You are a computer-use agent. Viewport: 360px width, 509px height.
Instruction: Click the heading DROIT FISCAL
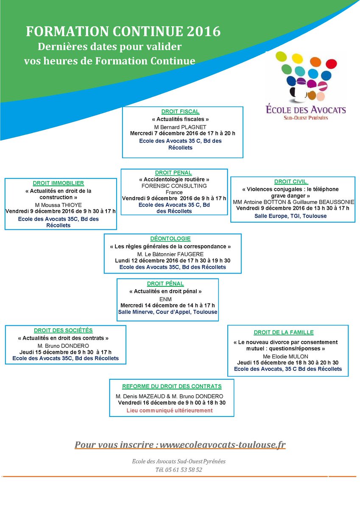(x=180, y=112)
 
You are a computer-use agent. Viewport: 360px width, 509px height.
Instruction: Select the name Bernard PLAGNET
(x=183, y=127)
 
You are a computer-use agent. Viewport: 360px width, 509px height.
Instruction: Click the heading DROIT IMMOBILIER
(x=59, y=183)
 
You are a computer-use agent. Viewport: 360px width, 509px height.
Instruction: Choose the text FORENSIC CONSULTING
(x=174, y=186)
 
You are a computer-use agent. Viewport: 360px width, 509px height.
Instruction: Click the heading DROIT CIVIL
(x=290, y=182)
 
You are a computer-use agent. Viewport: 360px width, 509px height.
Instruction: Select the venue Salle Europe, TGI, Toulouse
(x=290, y=216)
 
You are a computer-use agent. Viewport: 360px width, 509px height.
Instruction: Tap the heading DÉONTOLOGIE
(x=170, y=239)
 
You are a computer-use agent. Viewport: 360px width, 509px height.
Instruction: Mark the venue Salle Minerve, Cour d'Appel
(x=167, y=312)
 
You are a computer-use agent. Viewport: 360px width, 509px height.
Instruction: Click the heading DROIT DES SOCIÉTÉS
(x=63, y=330)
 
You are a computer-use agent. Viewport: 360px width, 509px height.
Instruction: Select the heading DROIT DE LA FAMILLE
(x=284, y=333)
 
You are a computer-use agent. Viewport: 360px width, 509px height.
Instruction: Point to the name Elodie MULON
(x=288, y=356)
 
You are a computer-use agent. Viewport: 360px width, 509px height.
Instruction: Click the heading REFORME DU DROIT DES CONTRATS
(x=172, y=386)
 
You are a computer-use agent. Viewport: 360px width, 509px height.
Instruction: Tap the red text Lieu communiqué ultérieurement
(x=170, y=411)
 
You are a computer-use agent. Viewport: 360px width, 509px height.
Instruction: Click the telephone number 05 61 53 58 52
(x=184, y=470)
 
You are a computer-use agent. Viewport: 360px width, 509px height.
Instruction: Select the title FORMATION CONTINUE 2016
(x=123, y=31)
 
